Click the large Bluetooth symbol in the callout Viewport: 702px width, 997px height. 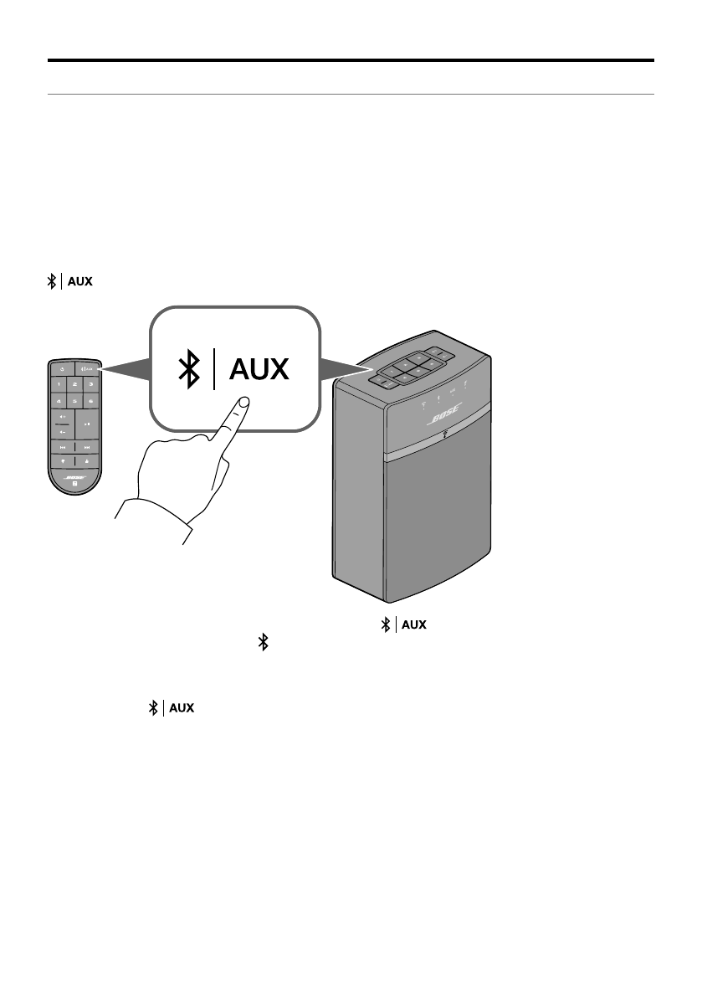192,369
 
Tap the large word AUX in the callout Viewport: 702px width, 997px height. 259,369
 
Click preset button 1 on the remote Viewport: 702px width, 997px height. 58,383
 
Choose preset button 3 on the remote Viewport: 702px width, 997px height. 90,383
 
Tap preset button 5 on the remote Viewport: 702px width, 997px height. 74,400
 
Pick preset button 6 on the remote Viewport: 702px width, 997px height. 90,400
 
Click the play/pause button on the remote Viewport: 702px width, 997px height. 87,424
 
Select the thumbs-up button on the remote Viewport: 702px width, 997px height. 87,461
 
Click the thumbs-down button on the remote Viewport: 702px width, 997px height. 60,461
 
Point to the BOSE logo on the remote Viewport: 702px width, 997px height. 74,477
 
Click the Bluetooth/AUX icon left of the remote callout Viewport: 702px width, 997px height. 69,282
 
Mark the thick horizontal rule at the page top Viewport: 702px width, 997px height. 351,60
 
